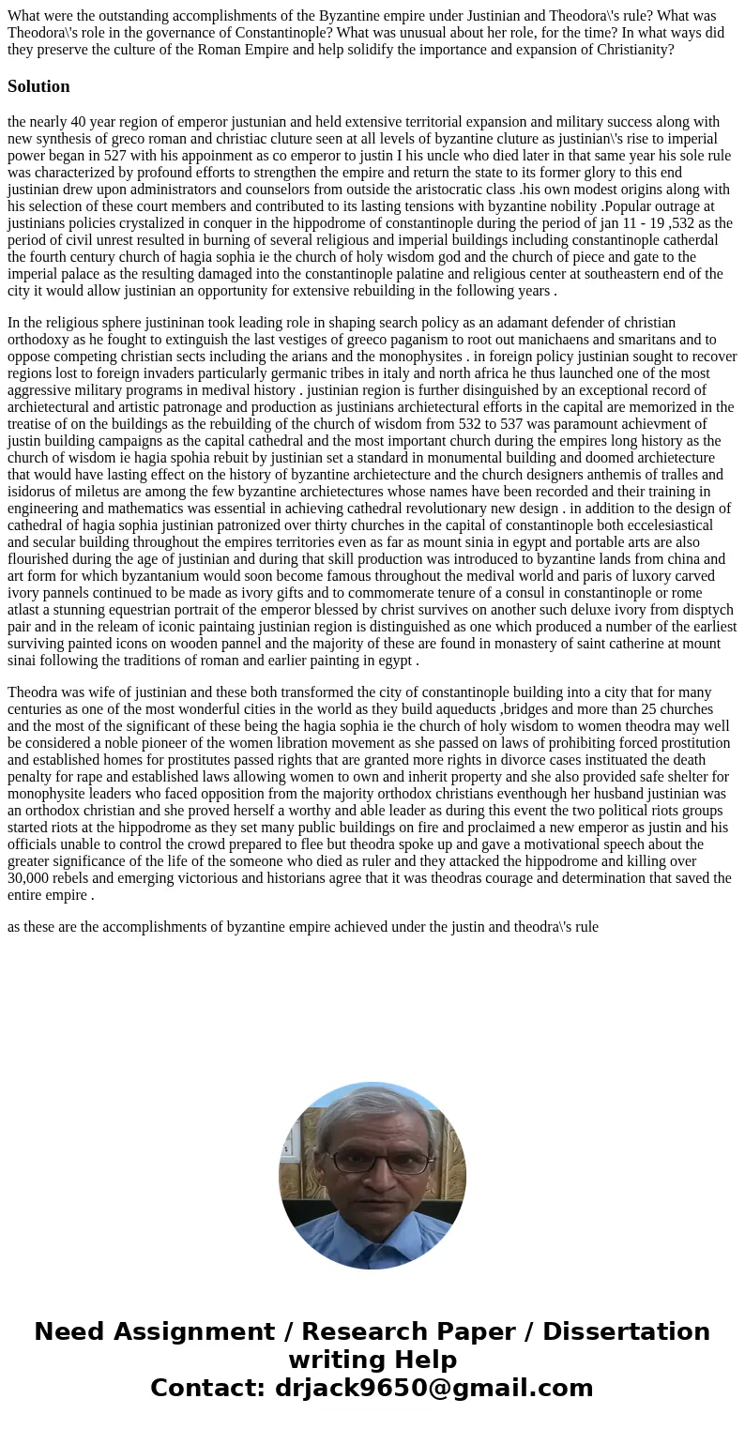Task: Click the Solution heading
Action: tap(38, 86)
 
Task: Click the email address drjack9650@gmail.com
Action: tap(433, 1388)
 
